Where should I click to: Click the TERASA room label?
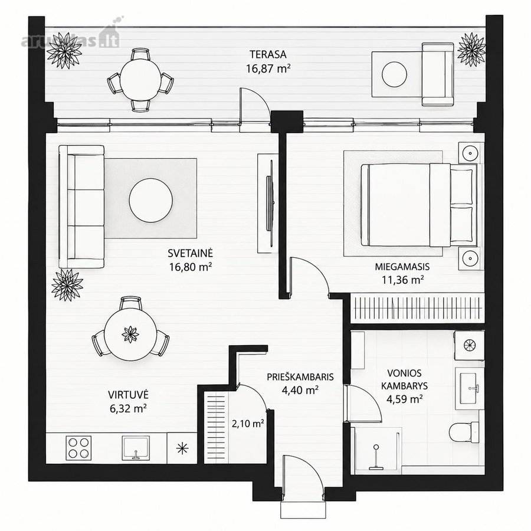click(268, 54)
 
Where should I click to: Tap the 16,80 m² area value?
click(191, 267)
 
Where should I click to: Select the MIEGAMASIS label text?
click(402, 267)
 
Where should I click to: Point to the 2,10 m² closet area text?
click(248, 423)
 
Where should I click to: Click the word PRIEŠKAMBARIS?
click(300, 377)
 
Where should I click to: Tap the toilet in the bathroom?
click(464, 432)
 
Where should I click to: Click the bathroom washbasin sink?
click(470, 386)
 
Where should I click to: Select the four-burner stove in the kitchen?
click(79, 448)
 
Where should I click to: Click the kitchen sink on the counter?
click(136, 448)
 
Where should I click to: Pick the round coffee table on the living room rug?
click(151, 200)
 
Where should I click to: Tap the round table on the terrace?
click(140, 80)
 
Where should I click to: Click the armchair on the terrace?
click(438, 74)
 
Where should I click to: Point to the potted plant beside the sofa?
click(67, 285)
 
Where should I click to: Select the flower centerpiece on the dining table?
click(130, 334)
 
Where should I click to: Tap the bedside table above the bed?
click(470, 153)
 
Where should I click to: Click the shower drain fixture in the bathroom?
click(376, 458)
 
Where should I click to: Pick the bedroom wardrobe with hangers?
click(417, 308)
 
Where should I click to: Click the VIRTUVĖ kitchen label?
click(129, 395)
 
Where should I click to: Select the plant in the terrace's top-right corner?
click(471, 50)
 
